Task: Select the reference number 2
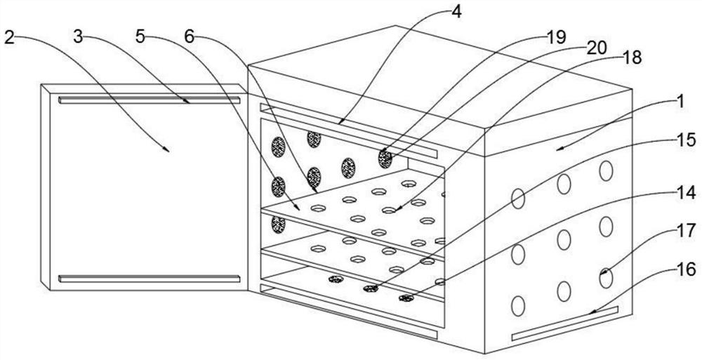tap(9, 37)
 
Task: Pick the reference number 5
tap(141, 37)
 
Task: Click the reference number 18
tap(633, 59)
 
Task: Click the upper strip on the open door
tap(149, 100)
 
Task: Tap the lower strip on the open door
tap(149, 279)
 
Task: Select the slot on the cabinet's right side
tap(565, 322)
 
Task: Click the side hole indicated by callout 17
tap(606, 277)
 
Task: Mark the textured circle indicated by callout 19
tap(385, 159)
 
